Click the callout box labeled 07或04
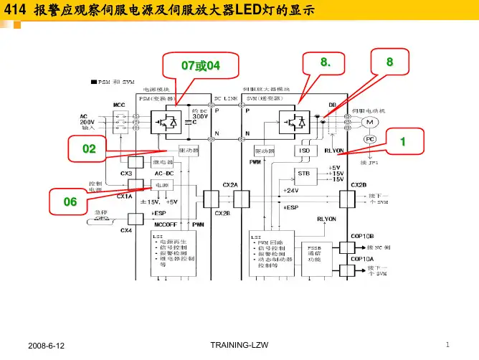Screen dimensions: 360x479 click(x=200, y=65)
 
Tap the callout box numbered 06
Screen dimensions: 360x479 click(x=70, y=202)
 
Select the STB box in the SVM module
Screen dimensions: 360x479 click(x=305, y=174)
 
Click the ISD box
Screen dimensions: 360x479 click(x=305, y=151)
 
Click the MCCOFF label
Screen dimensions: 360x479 click(x=166, y=224)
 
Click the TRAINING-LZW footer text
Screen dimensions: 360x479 click(x=239, y=346)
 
